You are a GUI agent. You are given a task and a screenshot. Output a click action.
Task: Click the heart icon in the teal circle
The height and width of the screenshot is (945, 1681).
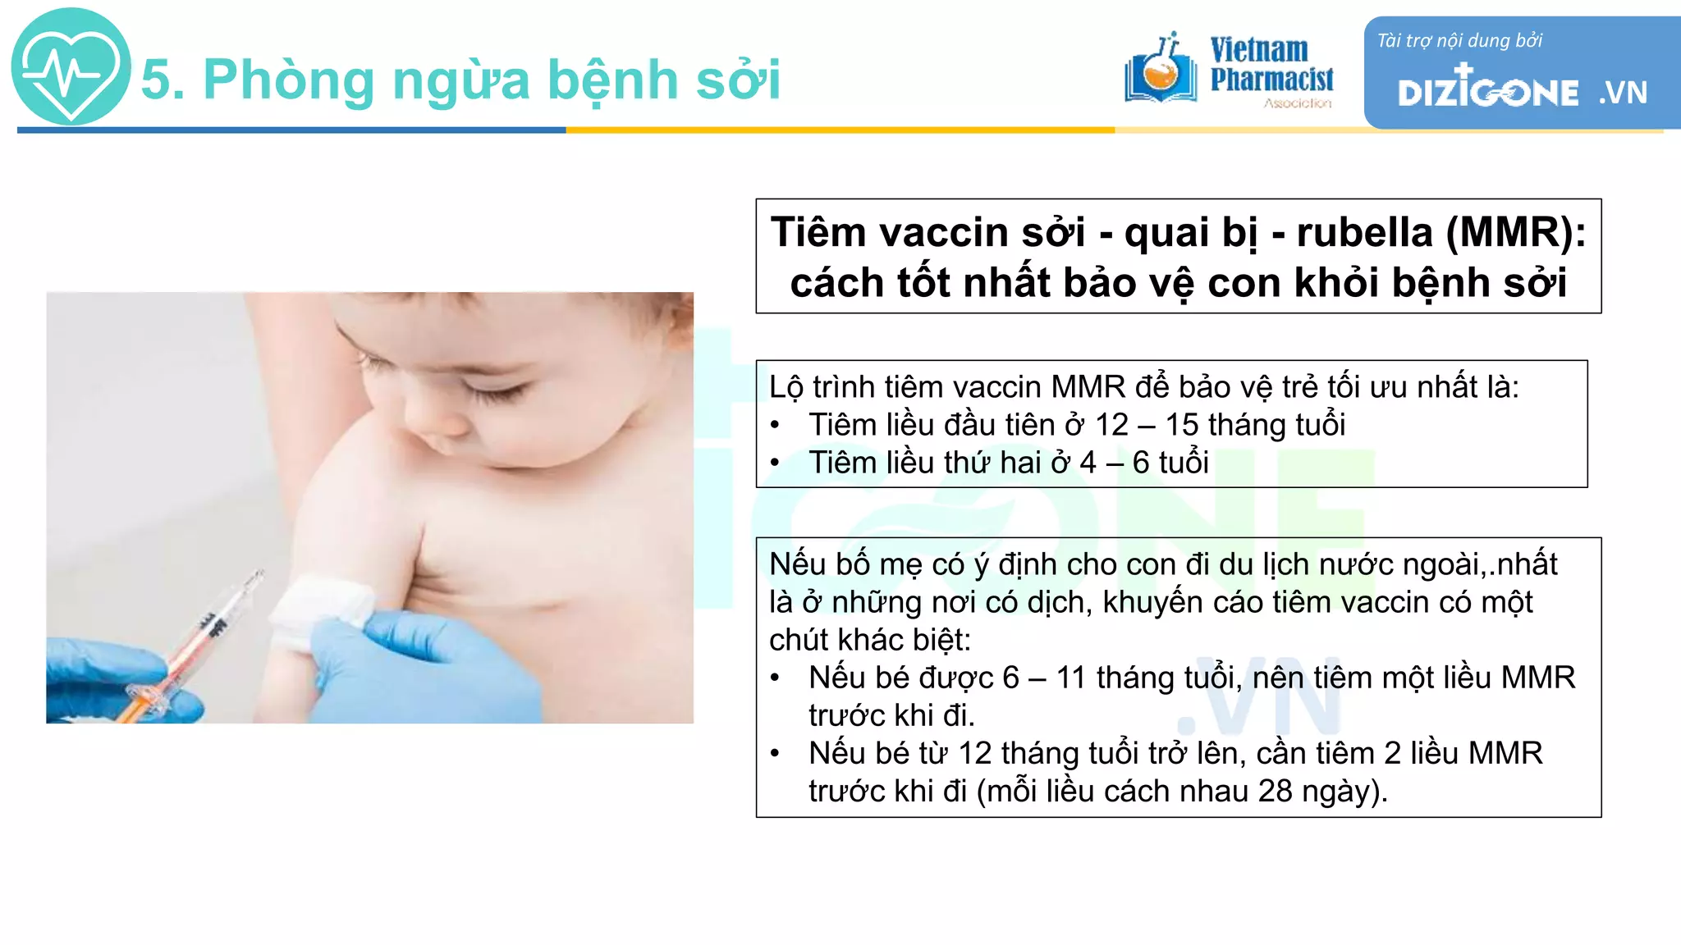[71, 67]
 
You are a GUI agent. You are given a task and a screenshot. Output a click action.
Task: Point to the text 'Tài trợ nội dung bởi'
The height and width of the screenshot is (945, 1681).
[1459, 41]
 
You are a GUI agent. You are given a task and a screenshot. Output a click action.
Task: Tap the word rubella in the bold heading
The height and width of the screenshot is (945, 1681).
[1364, 232]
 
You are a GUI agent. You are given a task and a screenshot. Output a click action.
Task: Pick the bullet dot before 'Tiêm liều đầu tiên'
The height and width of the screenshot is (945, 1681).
[775, 426]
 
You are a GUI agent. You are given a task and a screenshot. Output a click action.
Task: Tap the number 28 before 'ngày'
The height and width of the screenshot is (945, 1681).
[1275, 791]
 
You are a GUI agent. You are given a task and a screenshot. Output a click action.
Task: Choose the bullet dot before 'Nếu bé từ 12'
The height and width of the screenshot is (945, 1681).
[775, 754]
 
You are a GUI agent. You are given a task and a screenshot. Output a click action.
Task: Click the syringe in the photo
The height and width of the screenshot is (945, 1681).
[197, 648]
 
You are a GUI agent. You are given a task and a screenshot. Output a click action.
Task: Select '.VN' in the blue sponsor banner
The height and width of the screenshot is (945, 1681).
[1623, 93]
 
